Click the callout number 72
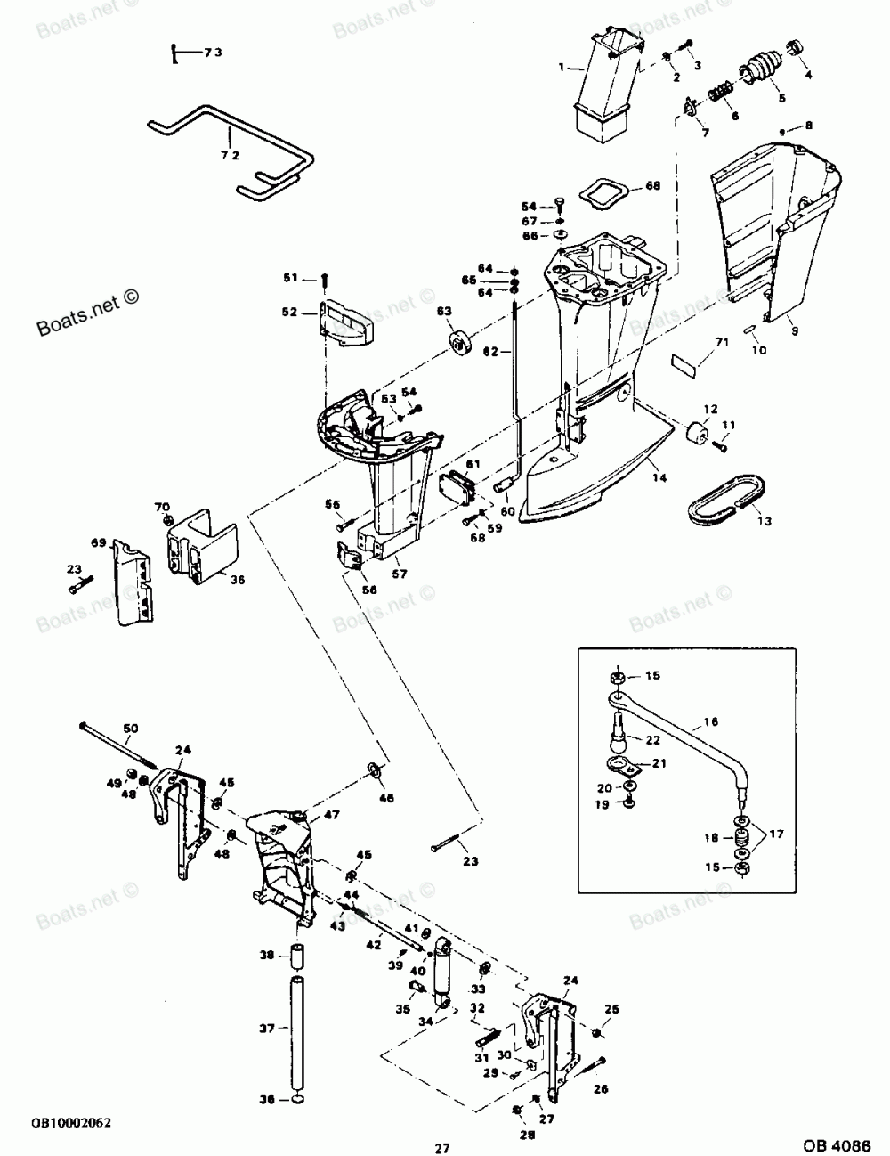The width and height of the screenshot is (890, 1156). (x=206, y=155)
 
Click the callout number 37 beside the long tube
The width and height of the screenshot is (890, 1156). (x=266, y=1029)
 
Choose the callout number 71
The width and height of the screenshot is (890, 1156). (x=722, y=341)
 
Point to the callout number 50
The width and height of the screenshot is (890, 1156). (x=131, y=729)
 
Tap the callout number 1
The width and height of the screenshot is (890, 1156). (x=562, y=67)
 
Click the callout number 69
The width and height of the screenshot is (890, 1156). (x=97, y=542)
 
